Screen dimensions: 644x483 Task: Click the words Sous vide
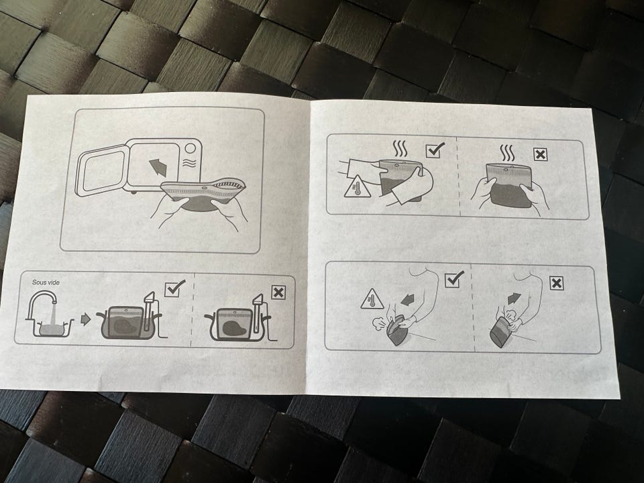46,282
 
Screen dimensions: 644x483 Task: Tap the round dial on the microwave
190,148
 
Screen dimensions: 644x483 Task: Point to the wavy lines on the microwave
189,163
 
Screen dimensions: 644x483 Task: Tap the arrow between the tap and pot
85,319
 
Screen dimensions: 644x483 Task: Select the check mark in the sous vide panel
174,288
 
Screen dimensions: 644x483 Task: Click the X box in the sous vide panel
278,292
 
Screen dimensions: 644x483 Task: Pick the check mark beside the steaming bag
435,150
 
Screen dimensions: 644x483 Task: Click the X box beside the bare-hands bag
541,155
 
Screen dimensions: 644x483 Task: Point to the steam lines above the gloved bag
398,149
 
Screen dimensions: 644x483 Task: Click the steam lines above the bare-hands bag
508,153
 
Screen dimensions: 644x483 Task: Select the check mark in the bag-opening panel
454,279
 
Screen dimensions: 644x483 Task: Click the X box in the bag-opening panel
557,283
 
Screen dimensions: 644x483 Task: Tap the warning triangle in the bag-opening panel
372,299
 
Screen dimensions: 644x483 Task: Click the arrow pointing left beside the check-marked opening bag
407,301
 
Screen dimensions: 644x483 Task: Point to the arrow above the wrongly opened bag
514,298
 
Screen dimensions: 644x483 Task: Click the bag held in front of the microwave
204,195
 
